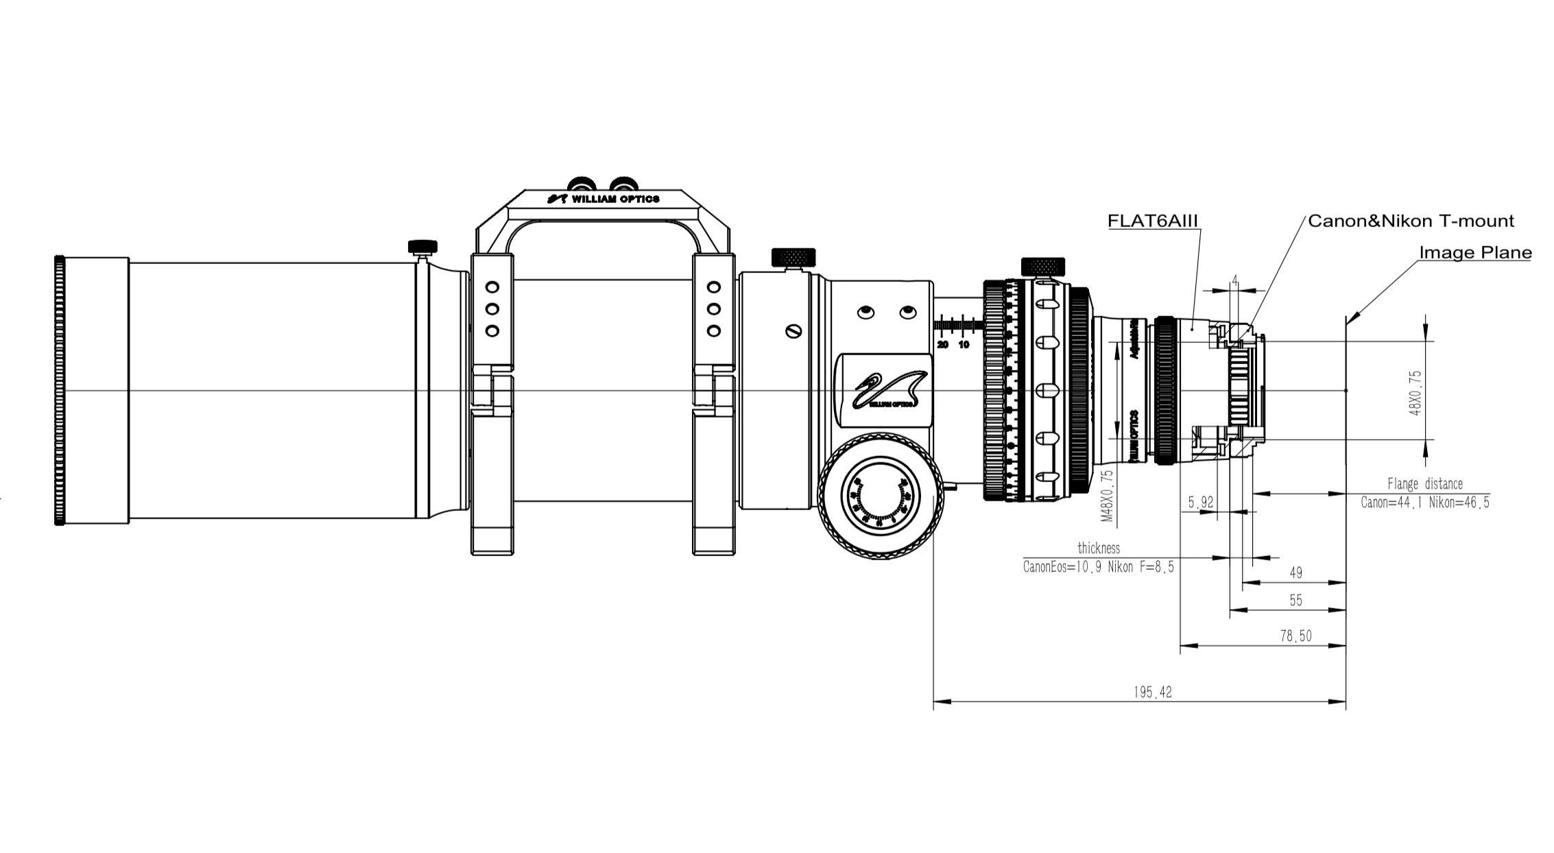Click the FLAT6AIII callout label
[x=1153, y=221]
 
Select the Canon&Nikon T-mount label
[x=1411, y=221]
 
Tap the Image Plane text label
[x=1475, y=252]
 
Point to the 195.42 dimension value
[x=1153, y=693]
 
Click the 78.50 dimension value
[x=1295, y=636]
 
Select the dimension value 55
[x=1295, y=601]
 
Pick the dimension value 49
[x=1295, y=573]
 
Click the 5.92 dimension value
[x=1201, y=503]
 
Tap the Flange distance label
[x=1425, y=484]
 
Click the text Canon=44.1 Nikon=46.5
[x=1425, y=503]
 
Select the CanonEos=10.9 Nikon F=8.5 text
[x=1099, y=567]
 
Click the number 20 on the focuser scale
[x=942, y=344]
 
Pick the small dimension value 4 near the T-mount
[x=1234, y=280]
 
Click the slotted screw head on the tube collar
[x=794, y=332]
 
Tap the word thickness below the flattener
[x=1099, y=549]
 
